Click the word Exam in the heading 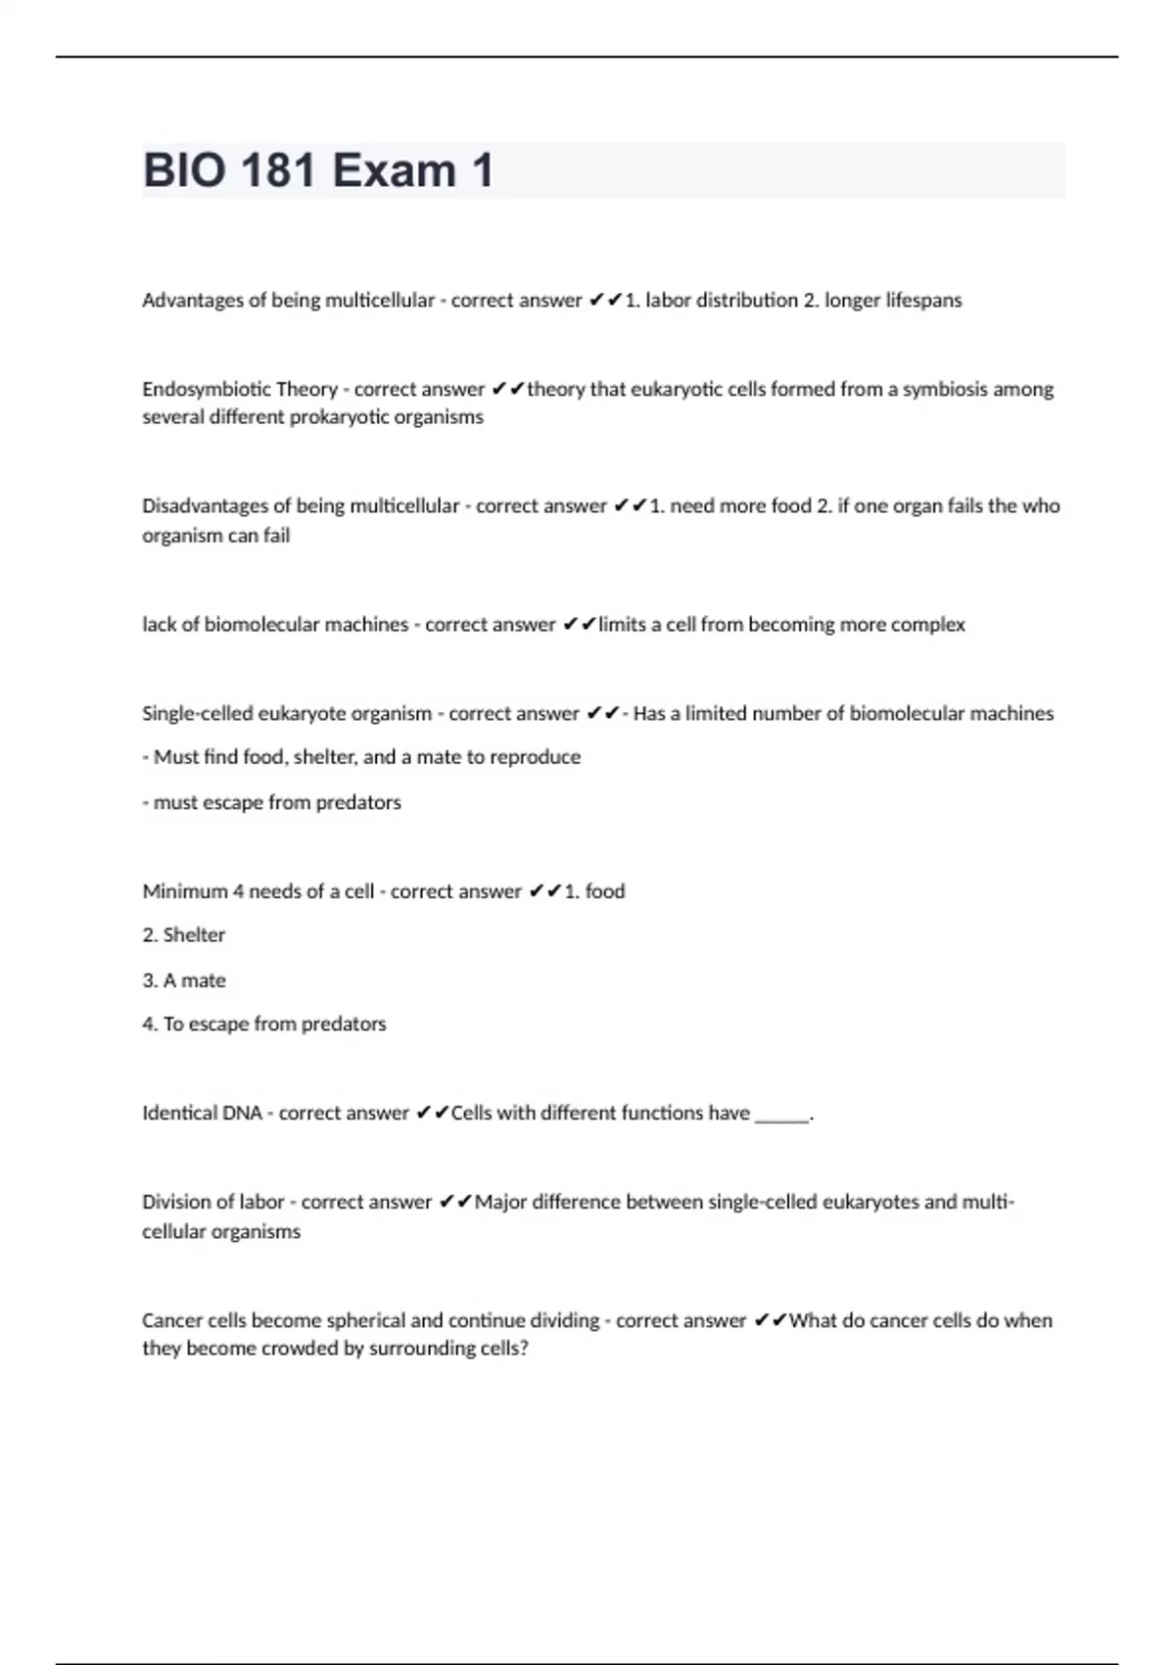[x=394, y=170]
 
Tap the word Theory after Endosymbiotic [x=306, y=389]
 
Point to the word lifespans [x=923, y=301]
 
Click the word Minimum [x=185, y=891]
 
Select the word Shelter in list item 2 [x=194, y=935]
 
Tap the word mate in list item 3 [x=204, y=980]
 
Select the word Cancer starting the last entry [x=172, y=1320]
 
